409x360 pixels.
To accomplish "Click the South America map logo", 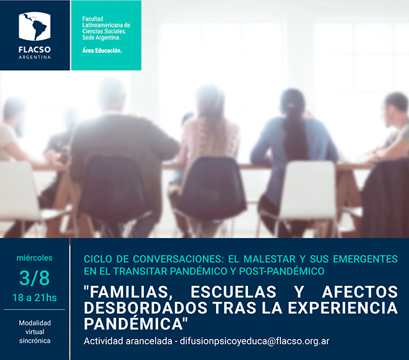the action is click(x=35, y=26).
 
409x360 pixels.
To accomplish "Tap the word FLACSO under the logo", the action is click(x=35, y=50).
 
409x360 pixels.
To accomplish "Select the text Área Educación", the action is click(x=102, y=50).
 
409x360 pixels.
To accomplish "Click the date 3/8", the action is click(x=35, y=278).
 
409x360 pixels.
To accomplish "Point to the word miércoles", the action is click(x=35, y=258).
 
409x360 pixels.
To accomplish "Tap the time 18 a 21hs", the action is click(x=35, y=297).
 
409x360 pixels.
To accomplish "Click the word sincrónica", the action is click(x=35, y=341).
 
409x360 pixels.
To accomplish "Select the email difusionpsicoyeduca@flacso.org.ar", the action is click(x=254, y=341).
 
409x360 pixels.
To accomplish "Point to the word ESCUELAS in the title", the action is click(x=233, y=292).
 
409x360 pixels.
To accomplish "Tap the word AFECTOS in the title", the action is click(x=360, y=292).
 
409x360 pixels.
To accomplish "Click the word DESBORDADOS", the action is click(x=146, y=308).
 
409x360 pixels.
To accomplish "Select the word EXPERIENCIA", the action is click(x=343, y=308).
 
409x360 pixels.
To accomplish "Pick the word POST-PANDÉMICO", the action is click(x=282, y=271).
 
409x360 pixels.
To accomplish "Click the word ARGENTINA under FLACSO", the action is click(x=35, y=57).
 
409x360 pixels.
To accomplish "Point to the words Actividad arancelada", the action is click(x=128, y=341).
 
